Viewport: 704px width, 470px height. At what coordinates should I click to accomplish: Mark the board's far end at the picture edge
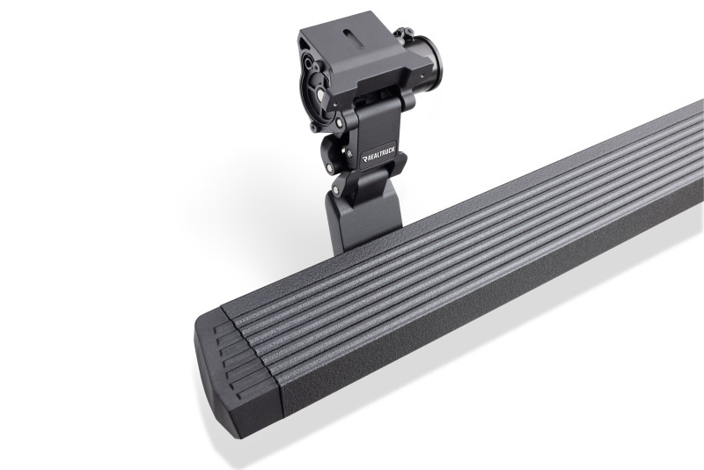point(695,141)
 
